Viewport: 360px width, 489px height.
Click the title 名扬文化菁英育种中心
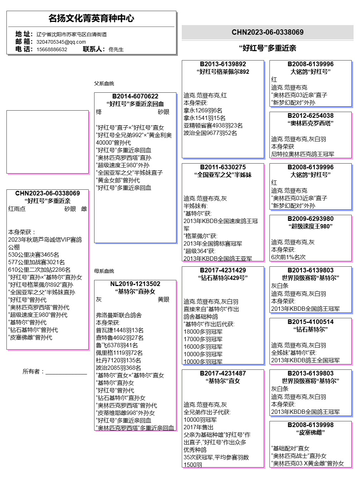click(x=91, y=18)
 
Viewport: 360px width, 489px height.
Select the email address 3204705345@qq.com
click(x=61, y=42)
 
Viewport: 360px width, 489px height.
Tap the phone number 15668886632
click(x=52, y=49)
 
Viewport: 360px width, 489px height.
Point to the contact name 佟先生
click(x=116, y=49)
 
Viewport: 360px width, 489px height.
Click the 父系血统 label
click(x=104, y=83)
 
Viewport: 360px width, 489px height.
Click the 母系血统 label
click(x=104, y=271)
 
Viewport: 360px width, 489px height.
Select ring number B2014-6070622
click(x=135, y=96)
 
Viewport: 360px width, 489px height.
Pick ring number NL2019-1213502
click(x=135, y=284)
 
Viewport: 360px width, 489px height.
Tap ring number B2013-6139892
click(x=223, y=64)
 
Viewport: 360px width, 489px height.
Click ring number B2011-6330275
click(x=223, y=167)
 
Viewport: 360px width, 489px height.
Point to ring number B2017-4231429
click(x=223, y=270)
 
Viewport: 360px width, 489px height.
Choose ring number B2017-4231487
click(x=223, y=373)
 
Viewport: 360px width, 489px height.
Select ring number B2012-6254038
click(x=310, y=116)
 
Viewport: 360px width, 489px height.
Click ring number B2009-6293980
click(x=310, y=219)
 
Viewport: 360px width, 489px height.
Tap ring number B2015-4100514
click(x=310, y=322)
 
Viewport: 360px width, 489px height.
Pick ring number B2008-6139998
click(x=310, y=425)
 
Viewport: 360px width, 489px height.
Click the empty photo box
click(x=47, y=142)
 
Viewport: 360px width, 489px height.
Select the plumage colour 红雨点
click(x=17, y=209)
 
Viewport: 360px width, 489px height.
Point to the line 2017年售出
click(x=198, y=427)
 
